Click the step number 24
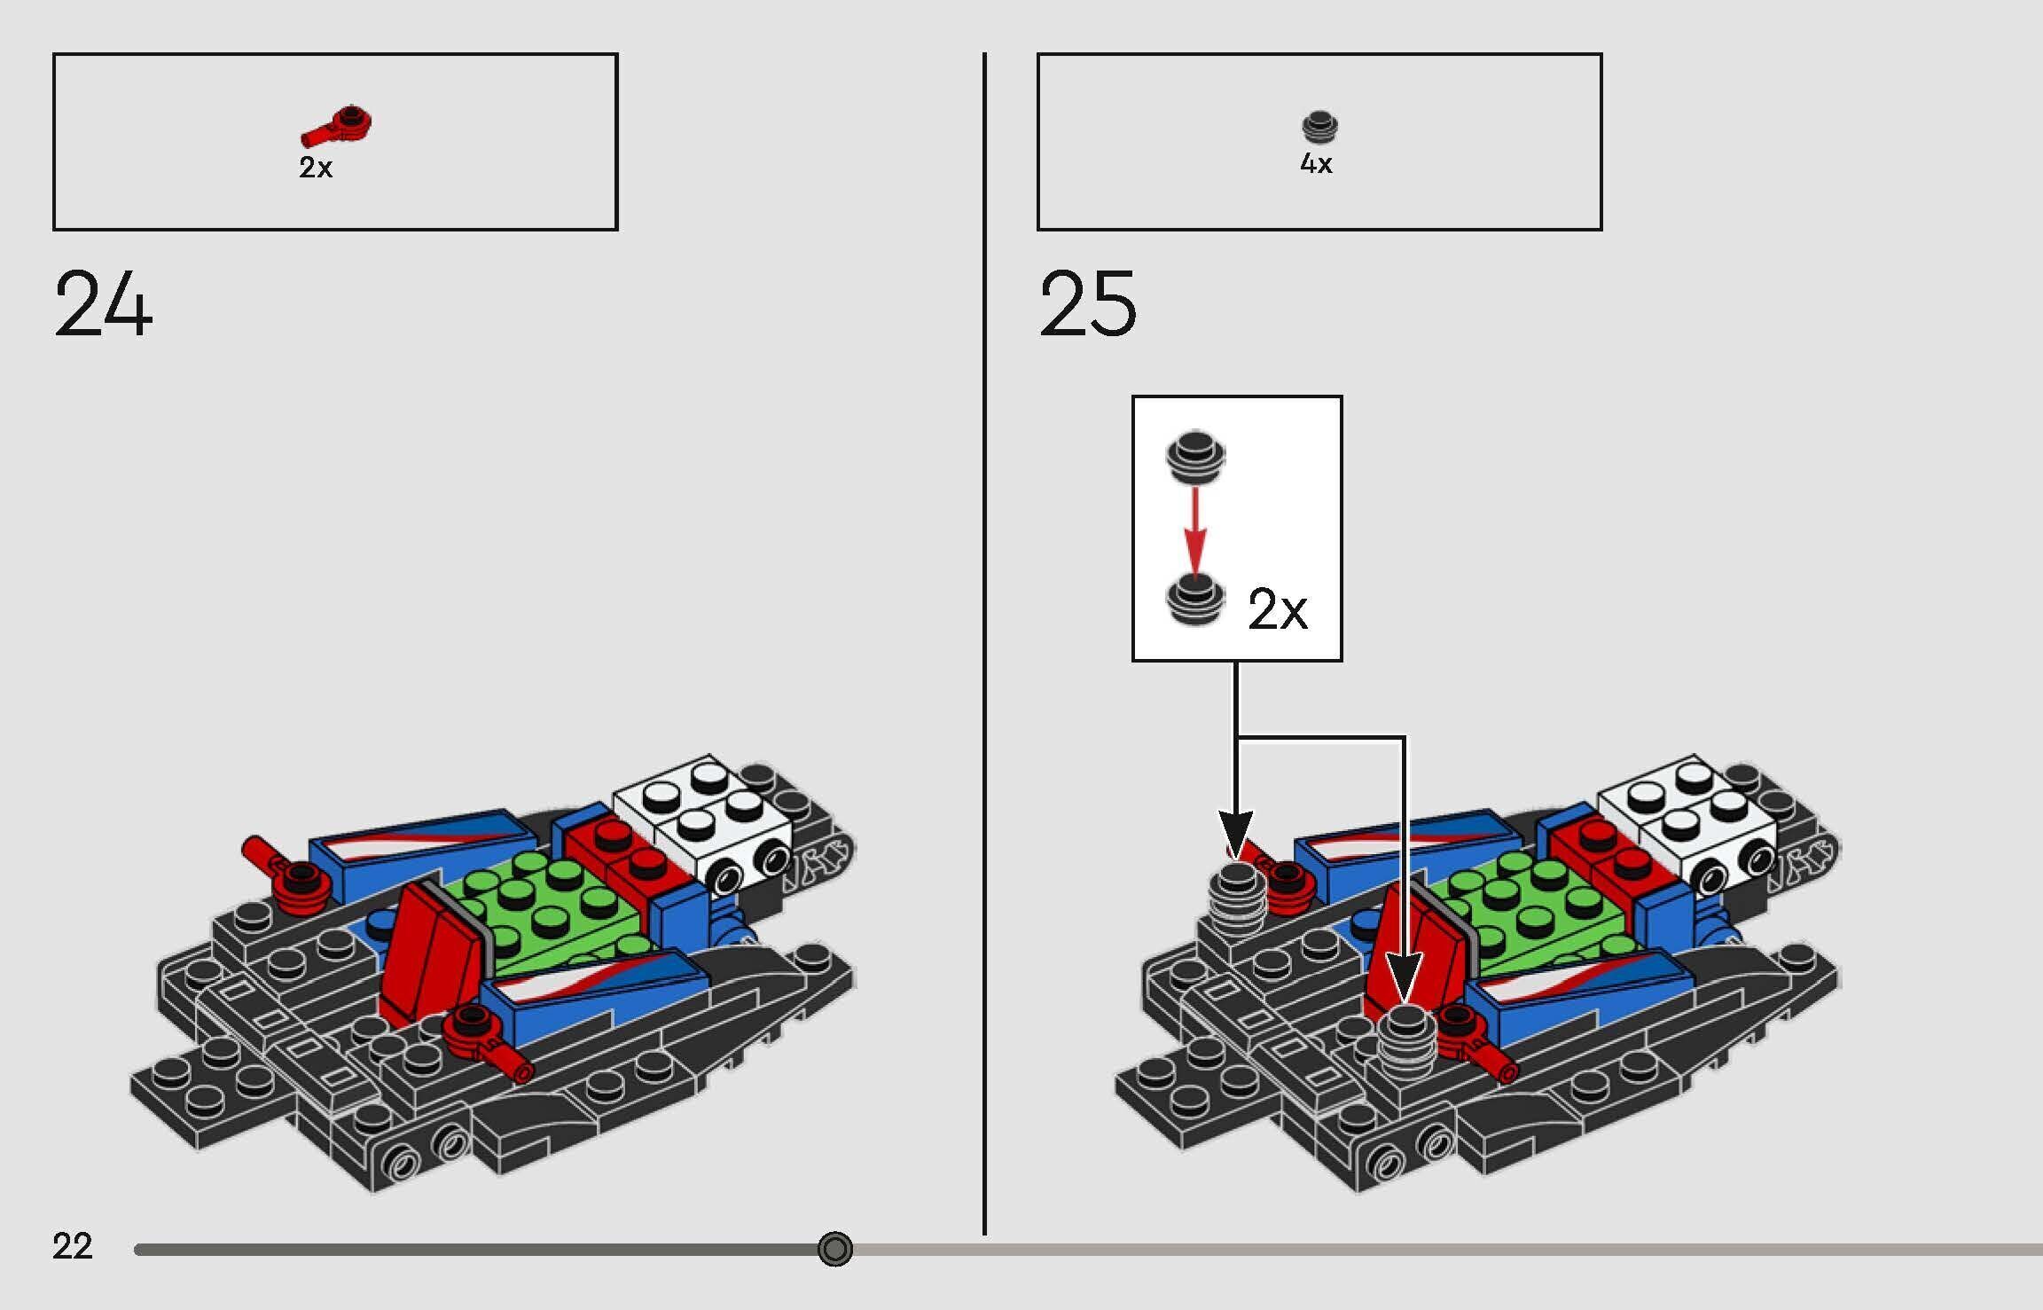(103, 304)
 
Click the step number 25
(1087, 304)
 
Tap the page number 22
(72, 1246)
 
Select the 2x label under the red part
(316, 167)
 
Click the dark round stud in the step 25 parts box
(1319, 127)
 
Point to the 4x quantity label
(1316, 164)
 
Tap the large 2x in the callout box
(1277, 609)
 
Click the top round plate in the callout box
(1195, 456)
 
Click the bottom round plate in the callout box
(1195, 600)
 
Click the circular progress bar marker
(834, 1249)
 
